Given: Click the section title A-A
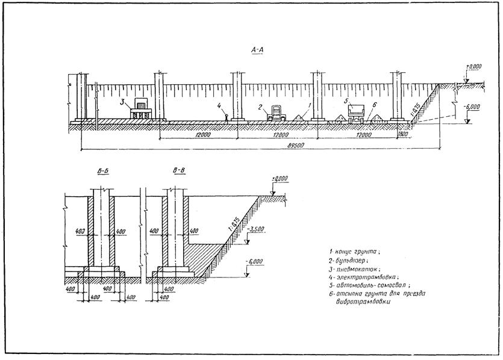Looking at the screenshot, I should click(257, 52).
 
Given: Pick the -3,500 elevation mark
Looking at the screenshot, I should click(255, 231).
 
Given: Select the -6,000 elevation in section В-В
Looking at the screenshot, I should click(255, 262).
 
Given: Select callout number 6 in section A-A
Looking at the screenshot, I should click(375, 105).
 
